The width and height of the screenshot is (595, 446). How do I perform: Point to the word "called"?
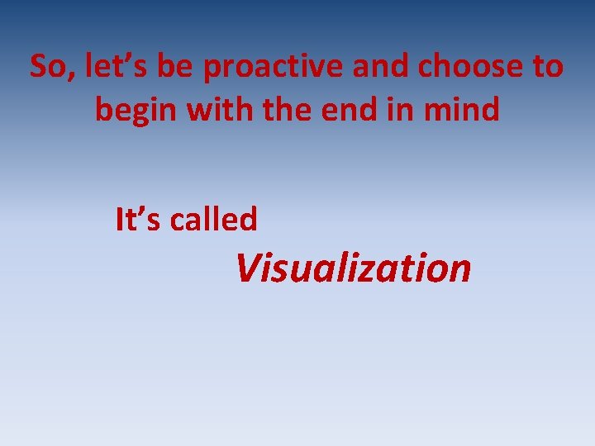pos(214,220)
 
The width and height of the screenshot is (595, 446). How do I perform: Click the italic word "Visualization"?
pos(353,268)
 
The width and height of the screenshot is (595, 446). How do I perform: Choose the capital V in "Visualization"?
pos(248,268)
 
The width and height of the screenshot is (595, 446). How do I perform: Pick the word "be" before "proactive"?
pos(172,67)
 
